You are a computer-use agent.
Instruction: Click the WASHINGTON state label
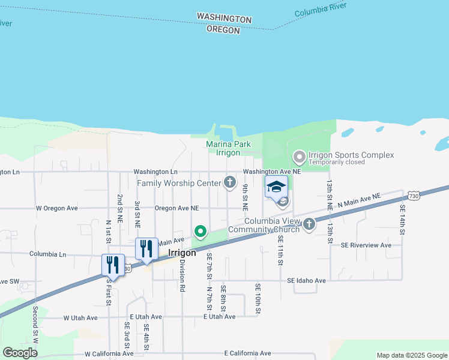pyautogui.click(x=224, y=19)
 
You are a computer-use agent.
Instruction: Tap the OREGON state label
pyautogui.click(x=223, y=29)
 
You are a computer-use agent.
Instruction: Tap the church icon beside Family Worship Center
pyautogui.click(x=229, y=182)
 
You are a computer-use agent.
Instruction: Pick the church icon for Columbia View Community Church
pyautogui.click(x=309, y=224)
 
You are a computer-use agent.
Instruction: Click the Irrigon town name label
pyautogui.click(x=182, y=253)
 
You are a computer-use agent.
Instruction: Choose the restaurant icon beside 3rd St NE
pyautogui.click(x=146, y=248)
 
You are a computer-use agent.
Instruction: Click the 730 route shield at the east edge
pyautogui.click(x=413, y=196)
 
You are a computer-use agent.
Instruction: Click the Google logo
pyautogui.click(x=20, y=352)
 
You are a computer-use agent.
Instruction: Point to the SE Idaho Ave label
pyautogui.click(x=306, y=280)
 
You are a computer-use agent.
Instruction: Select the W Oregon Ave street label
pyautogui.click(x=57, y=208)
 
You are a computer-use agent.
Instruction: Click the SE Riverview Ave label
pyautogui.click(x=366, y=245)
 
